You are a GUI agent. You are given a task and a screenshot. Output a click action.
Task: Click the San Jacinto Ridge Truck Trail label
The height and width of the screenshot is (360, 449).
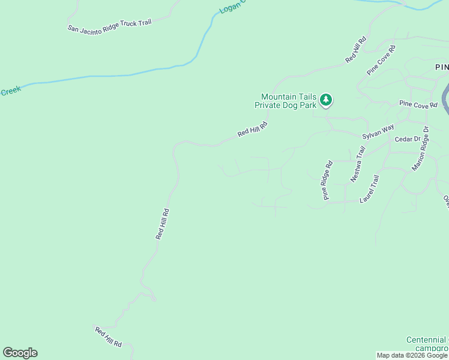click(109, 25)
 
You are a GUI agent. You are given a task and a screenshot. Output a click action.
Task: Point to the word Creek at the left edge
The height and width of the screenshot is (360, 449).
click(10, 91)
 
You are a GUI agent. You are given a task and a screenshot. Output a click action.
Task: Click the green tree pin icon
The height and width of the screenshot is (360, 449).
click(326, 100)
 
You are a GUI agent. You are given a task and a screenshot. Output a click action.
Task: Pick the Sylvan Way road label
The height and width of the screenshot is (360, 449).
click(378, 132)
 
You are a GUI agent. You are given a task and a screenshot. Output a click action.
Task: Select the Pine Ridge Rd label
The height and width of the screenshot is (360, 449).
click(327, 180)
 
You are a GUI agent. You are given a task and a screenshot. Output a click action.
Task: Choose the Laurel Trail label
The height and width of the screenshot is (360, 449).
click(369, 188)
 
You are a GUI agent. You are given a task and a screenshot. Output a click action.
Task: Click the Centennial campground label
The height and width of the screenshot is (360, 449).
click(427, 344)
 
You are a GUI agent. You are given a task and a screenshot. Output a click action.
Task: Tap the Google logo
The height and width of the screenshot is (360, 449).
click(20, 353)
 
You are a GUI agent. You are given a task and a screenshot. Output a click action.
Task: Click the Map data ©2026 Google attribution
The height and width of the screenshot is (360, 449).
click(412, 355)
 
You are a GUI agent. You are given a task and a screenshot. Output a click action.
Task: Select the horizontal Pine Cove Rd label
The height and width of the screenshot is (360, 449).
click(418, 104)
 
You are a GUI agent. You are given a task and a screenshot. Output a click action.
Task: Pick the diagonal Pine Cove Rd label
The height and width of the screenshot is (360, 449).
click(381, 60)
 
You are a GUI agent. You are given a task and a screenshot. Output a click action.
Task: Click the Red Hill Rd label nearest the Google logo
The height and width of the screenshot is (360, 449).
click(108, 337)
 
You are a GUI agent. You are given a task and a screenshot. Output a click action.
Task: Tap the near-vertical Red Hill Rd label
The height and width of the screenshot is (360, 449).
click(163, 224)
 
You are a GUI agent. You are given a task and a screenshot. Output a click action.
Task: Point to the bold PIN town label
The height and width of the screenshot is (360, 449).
click(442, 67)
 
